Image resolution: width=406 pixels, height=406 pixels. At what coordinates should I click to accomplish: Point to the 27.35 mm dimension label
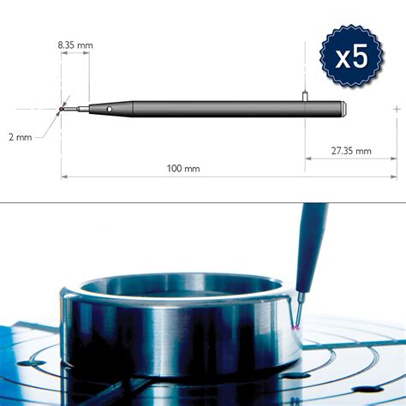click(x=350, y=151)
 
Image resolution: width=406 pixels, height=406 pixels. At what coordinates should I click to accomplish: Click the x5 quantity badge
click(x=350, y=57)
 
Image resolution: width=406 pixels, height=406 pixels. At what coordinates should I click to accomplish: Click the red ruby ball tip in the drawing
click(x=62, y=110)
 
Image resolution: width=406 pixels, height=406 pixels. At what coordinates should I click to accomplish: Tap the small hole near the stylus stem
click(x=109, y=110)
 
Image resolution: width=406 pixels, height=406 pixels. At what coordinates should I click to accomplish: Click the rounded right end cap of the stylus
click(x=342, y=110)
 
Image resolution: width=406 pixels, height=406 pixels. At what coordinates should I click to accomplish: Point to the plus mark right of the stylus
click(x=396, y=110)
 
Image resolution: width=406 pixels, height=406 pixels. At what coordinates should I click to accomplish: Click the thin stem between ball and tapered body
click(x=75, y=110)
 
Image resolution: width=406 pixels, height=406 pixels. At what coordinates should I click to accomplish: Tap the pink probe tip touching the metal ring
click(x=296, y=328)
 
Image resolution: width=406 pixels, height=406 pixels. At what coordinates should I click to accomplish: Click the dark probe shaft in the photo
click(x=309, y=248)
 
